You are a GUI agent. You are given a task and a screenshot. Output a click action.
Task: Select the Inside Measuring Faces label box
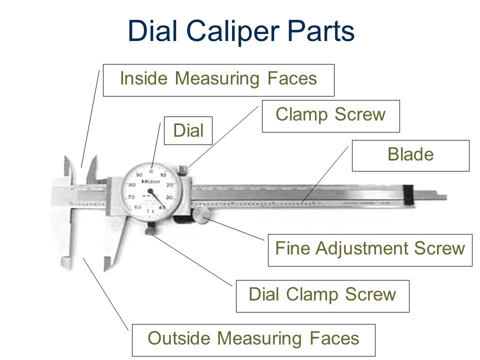point(218,80)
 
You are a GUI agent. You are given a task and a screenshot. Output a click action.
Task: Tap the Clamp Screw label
point(331,115)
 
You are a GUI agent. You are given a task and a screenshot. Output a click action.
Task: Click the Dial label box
point(188,131)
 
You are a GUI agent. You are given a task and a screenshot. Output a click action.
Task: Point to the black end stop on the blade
point(409,195)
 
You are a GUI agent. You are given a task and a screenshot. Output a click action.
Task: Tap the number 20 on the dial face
point(169,185)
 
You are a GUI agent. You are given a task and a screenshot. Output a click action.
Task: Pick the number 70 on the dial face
point(132,198)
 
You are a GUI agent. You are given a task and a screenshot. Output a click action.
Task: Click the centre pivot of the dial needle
point(151,192)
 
